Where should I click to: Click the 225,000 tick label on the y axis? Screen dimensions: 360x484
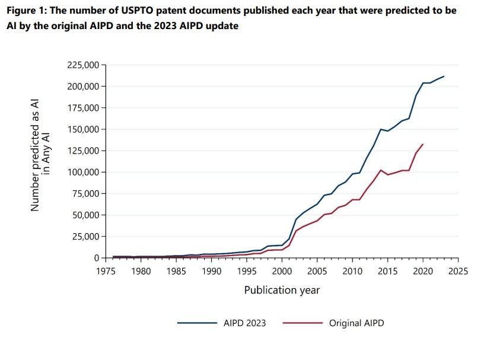point(84,65)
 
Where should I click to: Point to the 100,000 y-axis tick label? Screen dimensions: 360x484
point(84,172)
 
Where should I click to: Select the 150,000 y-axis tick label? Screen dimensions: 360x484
point(84,129)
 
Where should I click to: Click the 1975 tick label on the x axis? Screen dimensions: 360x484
point(106,271)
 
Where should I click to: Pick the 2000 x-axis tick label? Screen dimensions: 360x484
point(282,271)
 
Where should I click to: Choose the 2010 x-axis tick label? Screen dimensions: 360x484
point(352,271)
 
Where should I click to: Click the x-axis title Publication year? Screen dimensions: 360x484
point(282,290)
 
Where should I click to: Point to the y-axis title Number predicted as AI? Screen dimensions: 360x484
point(35,155)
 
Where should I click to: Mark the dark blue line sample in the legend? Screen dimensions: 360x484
point(197,323)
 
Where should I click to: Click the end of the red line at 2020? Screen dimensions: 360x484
point(423,144)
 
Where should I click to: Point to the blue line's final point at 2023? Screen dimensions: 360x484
point(444,77)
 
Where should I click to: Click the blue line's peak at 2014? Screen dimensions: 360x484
point(381,129)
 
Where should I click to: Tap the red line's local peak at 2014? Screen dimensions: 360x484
point(381,170)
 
